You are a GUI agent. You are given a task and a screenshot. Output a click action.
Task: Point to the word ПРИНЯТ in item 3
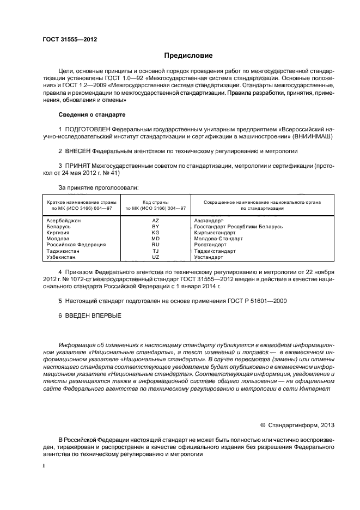click(x=77, y=165)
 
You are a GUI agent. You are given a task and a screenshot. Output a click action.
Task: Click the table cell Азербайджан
click(x=64, y=221)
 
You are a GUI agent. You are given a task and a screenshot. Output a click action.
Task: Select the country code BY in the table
click(x=155, y=226)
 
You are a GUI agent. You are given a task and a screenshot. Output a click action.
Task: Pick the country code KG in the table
click(x=155, y=232)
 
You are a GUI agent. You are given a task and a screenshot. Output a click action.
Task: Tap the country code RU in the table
click(x=155, y=245)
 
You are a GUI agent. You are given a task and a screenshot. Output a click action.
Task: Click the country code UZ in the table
click(x=155, y=257)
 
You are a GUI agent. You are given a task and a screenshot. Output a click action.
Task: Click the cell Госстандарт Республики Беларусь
click(x=238, y=226)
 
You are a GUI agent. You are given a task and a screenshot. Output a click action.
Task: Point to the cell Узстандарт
click(x=209, y=257)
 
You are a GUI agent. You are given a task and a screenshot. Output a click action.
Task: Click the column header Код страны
click(x=155, y=202)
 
